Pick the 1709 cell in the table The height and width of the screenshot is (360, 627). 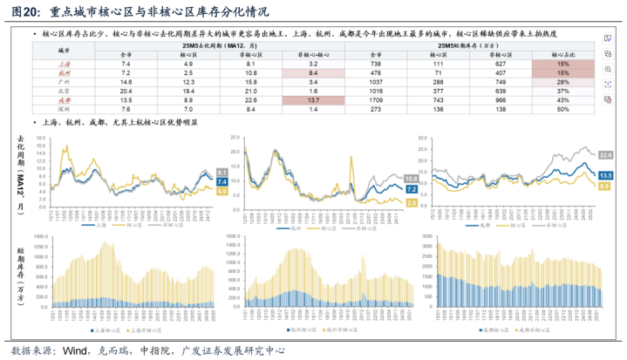377,100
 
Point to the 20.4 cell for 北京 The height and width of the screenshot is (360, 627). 126,91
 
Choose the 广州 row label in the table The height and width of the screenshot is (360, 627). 63,82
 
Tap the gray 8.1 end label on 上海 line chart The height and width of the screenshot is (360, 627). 220,172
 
